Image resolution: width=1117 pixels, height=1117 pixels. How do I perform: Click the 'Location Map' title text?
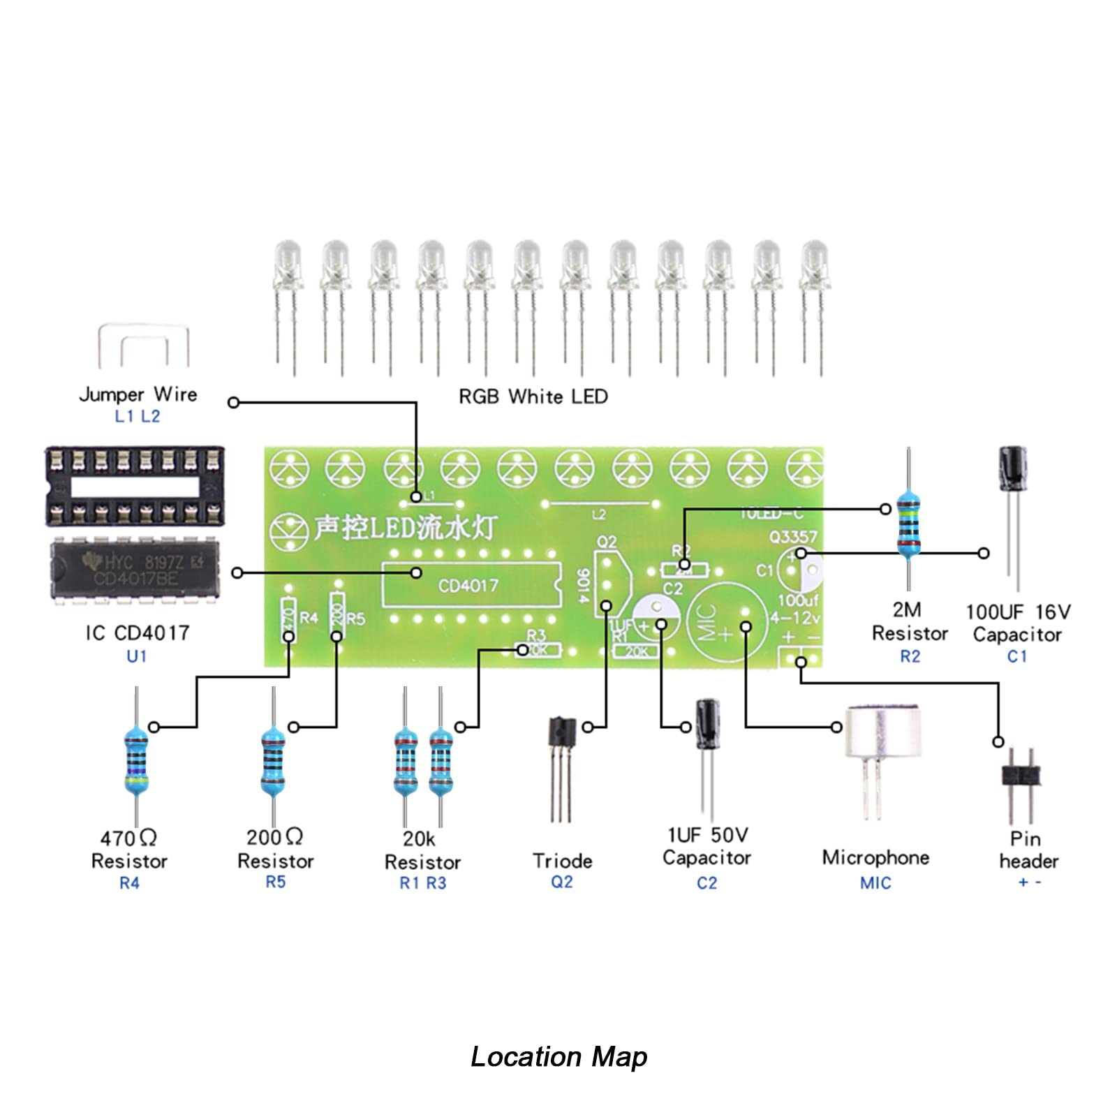coord(558,1056)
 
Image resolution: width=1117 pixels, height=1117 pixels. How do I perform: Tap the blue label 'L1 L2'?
coord(138,417)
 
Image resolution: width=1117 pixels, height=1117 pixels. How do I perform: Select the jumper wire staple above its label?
coord(144,346)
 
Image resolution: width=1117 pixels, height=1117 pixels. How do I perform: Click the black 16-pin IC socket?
coord(135,487)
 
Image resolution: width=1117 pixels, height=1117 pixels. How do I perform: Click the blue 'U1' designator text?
coord(137,656)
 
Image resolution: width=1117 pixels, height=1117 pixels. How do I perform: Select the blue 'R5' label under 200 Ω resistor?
coord(276,882)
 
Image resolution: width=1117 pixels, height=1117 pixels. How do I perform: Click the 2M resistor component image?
coord(908,524)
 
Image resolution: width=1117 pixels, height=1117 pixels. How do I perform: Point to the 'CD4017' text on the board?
coord(468,586)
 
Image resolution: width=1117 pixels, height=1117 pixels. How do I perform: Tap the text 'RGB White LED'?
coord(533,397)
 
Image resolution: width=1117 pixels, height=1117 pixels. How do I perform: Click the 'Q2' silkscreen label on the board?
coord(607,542)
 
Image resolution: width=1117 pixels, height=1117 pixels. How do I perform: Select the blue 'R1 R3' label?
coord(422,883)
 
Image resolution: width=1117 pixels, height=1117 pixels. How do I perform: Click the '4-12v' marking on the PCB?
coord(795,618)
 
